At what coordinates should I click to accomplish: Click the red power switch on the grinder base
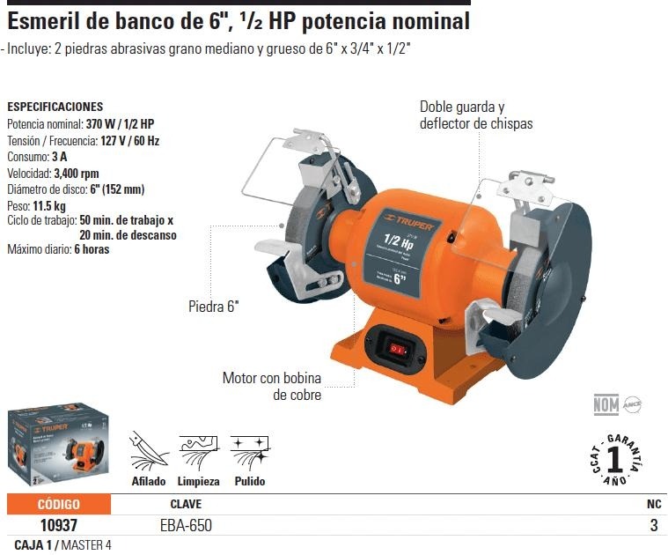point(398,350)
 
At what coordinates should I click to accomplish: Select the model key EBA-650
point(186,525)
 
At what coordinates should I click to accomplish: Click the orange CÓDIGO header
point(59,504)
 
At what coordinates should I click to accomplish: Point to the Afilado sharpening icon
point(148,452)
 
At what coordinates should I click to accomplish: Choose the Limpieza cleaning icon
point(198,452)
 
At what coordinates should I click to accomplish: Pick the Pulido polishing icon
point(249,452)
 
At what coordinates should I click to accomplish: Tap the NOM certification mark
point(606,405)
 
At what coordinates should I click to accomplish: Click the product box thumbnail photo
point(56,450)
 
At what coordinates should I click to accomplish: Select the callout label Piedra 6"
point(213,307)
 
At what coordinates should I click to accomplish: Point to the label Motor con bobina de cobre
point(271,387)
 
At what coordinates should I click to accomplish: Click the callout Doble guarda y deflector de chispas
point(475,115)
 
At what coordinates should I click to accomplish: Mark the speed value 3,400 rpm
point(76,174)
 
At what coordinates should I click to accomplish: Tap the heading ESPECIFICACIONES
point(55,107)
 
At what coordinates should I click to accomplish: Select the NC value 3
point(653,525)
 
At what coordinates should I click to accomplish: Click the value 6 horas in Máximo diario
point(92,249)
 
